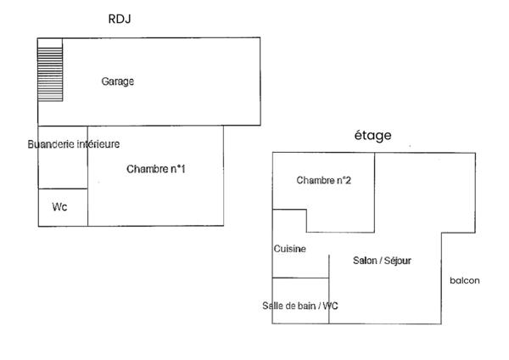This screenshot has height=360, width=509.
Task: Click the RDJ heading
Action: click(x=120, y=18)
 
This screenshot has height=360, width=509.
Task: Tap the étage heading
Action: click(x=372, y=135)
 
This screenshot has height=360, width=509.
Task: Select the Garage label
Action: click(x=118, y=82)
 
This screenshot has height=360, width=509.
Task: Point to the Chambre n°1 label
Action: click(x=156, y=169)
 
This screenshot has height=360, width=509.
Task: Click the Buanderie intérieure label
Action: click(x=74, y=144)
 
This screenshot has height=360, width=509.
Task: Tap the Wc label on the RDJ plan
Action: click(x=59, y=206)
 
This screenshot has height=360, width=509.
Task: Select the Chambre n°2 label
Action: click(x=324, y=180)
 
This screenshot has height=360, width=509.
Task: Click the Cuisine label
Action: click(x=289, y=249)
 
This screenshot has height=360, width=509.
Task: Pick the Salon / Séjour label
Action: click(x=382, y=261)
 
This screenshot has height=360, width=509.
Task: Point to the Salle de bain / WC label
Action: click(x=300, y=306)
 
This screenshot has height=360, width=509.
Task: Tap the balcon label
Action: click(x=465, y=281)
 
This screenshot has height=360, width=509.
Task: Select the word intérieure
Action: click(x=98, y=144)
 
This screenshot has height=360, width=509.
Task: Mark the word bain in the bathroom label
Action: click(x=303, y=306)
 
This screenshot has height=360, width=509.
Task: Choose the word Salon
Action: click(x=365, y=261)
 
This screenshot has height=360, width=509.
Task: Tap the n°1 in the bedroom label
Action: click(x=177, y=169)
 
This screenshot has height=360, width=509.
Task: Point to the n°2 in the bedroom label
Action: click(x=343, y=180)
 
